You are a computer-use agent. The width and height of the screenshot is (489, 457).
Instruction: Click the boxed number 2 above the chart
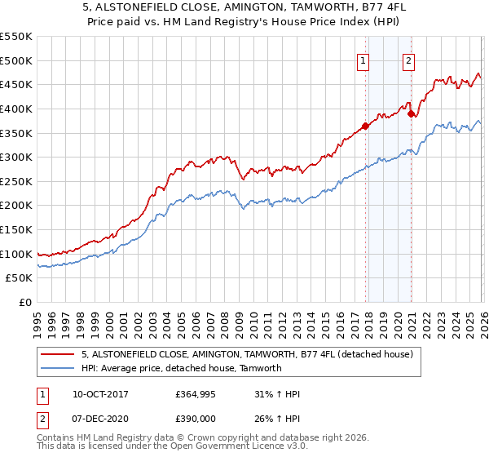click(x=408, y=60)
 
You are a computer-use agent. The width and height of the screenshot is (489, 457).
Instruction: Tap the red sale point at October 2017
click(x=365, y=126)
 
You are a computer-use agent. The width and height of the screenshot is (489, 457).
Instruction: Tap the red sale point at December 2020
click(x=412, y=113)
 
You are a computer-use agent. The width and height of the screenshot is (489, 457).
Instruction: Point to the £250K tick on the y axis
click(x=16, y=181)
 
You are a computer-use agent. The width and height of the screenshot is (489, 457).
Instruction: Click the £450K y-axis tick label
click(x=16, y=84)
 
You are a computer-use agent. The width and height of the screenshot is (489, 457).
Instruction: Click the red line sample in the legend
click(x=58, y=354)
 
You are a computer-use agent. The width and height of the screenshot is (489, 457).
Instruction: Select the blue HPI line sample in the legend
click(x=58, y=368)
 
